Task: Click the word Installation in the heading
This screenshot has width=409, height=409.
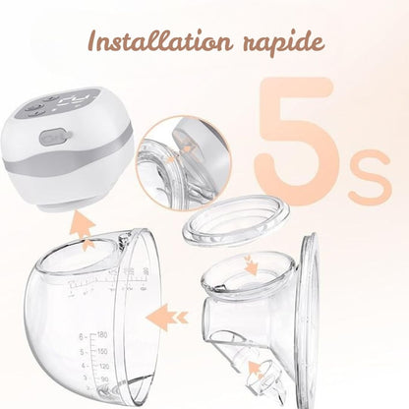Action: tap(160, 41)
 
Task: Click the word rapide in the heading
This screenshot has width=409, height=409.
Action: tap(284, 43)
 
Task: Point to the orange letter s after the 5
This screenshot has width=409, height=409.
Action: tap(371, 176)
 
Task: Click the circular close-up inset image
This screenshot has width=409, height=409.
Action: tap(184, 163)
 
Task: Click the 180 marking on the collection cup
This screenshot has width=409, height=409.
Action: tap(102, 335)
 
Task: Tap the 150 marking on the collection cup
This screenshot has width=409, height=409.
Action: tap(102, 352)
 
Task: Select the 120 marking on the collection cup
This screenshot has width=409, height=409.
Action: tap(104, 366)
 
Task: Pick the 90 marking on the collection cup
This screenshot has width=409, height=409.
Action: tap(104, 380)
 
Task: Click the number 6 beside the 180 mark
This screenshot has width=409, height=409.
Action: tap(81, 336)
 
